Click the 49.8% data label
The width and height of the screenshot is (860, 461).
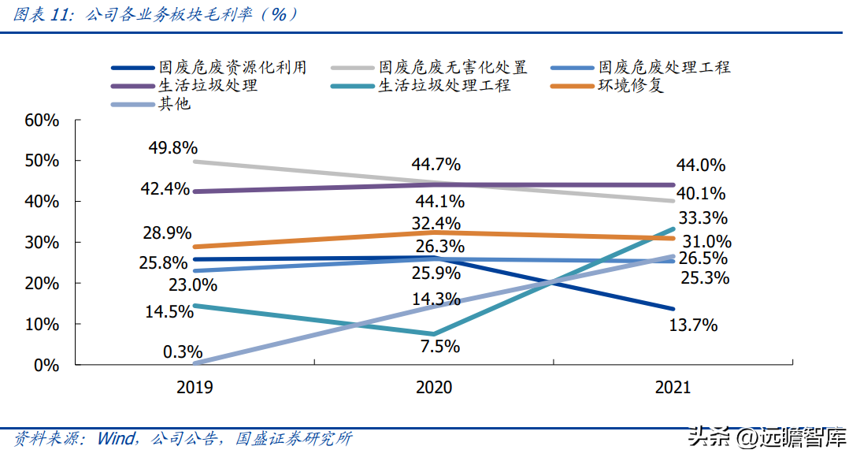[x=172, y=148]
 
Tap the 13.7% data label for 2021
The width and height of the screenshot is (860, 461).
[x=693, y=325]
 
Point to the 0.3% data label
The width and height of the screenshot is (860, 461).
[x=182, y=351]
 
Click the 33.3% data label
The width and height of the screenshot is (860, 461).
[x=702, y=218]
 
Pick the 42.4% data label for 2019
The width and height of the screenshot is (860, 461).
[x=165, y=189]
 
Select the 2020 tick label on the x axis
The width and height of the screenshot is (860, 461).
[x=433, y=387]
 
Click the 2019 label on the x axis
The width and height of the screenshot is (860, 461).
[x=195, y=387]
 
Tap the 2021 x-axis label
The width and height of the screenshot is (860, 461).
[x=672, y=387]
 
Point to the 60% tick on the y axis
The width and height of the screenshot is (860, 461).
[x=42, y=121]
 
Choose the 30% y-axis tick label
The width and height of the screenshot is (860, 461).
[x=42, y=243]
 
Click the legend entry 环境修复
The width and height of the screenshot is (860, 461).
[x=630, y=85]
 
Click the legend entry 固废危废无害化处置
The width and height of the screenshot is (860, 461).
[x=452, y=67]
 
